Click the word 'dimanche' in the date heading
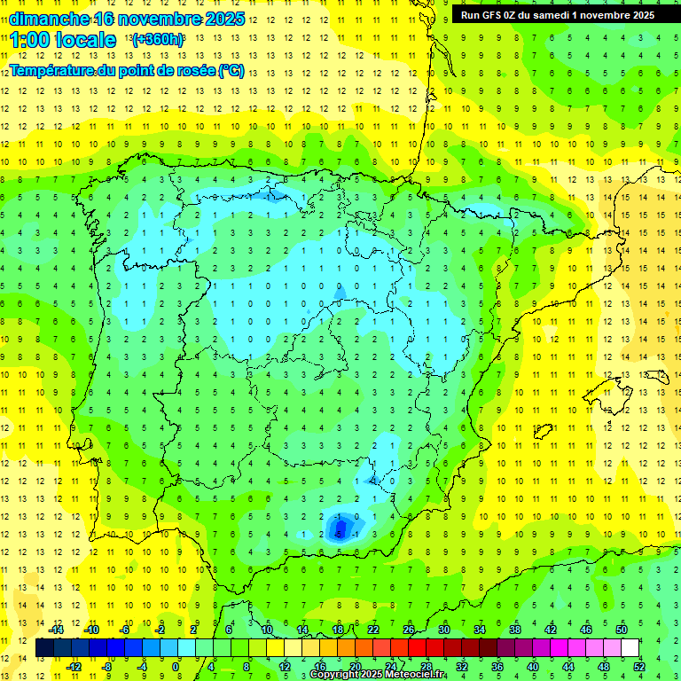tap(49, 19)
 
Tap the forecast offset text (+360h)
tap(158, 40)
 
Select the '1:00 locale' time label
tap(63, 40)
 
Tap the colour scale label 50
tap(621, 629)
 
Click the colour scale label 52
tap(638, 666)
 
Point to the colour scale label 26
tap(409, 629)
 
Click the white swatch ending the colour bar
tap(630, 647)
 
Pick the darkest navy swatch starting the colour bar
tap(45, 647)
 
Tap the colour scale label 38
tap(514, 629)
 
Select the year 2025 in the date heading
tap(225, 19)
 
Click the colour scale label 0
tap(176, 666)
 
